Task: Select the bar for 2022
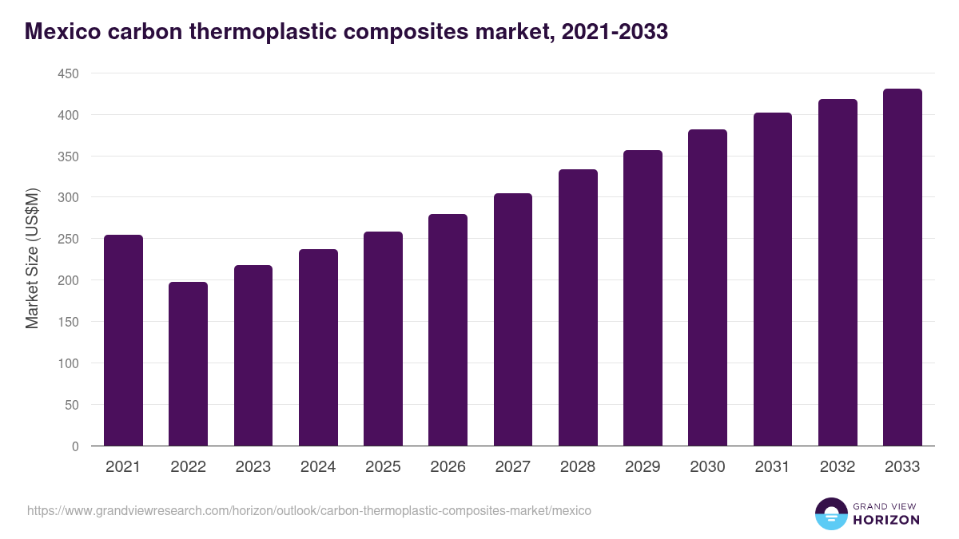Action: tap(188, 364)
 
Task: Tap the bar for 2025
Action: tap(383, 339)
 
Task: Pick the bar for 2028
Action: tap(578, 307)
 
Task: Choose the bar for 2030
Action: tap(707, 287)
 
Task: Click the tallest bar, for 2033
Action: tap(902, 268)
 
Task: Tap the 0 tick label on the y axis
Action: tap(75, 446)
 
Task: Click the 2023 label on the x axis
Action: tap(253, 467)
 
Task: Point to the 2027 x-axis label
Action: tap(512, 467)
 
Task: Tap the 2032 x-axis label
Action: tap(838, 467)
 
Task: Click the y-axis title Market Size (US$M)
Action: tap(32, 260)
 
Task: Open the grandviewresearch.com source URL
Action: tap(309, 510)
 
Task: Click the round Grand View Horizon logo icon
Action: tap(830, 513)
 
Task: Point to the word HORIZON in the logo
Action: tap(885, 520)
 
